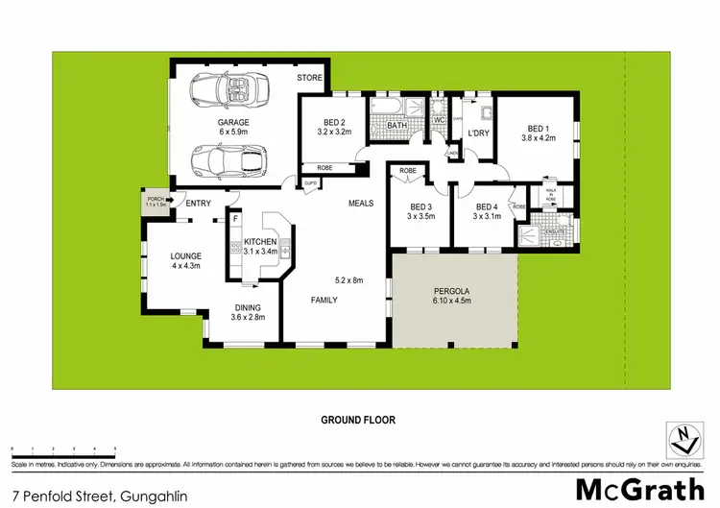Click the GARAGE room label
coord(233,123)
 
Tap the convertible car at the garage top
coord(229,91)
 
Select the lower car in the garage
coord(228,160)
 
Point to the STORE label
coord(308,78)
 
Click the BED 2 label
coord(333,123)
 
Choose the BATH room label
coord(397,126)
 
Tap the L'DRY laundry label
coord(479,133)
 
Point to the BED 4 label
coord(487,206)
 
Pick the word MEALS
coord(361,203)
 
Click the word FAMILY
coord(324,300)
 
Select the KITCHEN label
coord(260,241)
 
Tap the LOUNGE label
coord(184,255)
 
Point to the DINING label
coord(248,307)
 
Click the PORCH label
coord(155,199)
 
